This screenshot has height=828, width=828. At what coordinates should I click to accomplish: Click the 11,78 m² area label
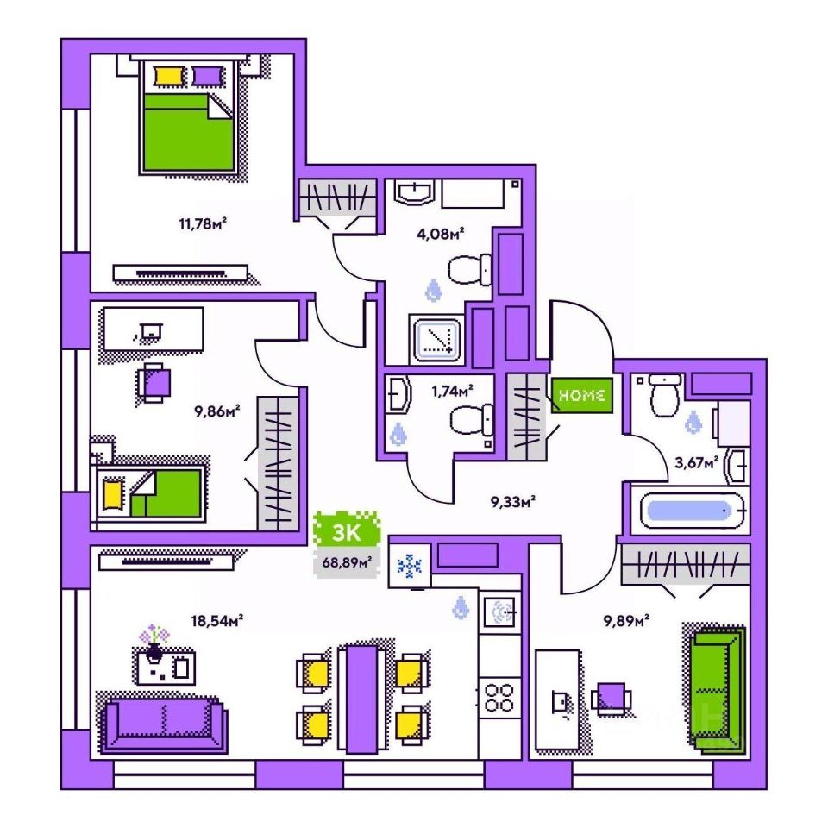(x=203, y=226)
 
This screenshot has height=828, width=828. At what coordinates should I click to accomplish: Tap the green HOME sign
(x=582, y=395)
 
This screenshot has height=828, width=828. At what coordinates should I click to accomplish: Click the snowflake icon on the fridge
(x=408, y=567)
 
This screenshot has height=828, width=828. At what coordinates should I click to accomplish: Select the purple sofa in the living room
(x=164, y=720)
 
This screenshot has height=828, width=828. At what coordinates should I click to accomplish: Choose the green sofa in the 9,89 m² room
(x=716, y=686)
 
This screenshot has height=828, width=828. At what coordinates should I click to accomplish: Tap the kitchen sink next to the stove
(x=499, y=611)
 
